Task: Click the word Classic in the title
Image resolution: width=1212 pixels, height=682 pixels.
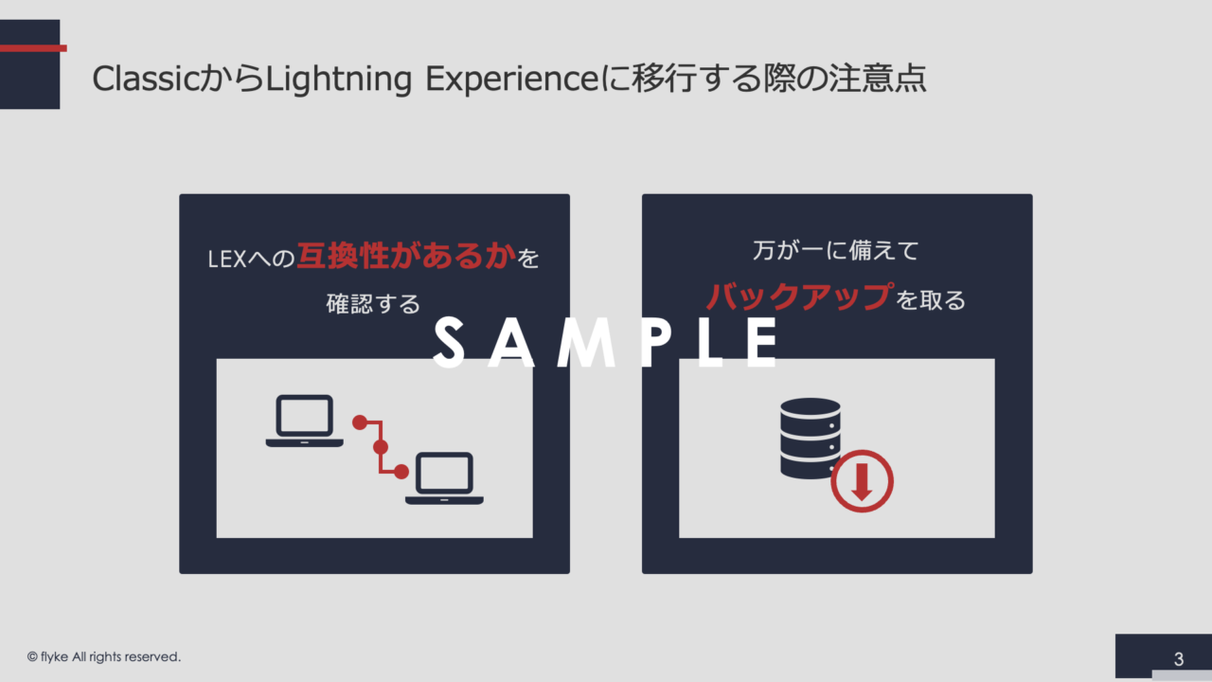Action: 146,79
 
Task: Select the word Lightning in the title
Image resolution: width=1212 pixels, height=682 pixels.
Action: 339,81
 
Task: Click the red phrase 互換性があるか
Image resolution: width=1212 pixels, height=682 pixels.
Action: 406,256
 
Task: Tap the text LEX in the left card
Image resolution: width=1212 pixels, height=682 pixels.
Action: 227,260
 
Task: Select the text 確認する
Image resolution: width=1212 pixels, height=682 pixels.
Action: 373,304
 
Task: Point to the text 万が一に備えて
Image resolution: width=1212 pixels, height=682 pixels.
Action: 836,251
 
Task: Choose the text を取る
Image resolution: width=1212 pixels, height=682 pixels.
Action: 931,300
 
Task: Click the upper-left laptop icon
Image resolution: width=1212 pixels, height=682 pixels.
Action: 305,422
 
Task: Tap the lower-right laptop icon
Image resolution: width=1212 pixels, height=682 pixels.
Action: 444,478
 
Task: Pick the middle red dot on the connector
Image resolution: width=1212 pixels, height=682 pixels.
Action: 381,447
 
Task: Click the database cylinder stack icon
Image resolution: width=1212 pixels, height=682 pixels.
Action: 810,439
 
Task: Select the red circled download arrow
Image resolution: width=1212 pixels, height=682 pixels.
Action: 862,481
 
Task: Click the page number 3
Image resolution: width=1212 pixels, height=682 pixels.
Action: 1179,658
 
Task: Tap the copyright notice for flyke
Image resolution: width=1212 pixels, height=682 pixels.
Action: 104,657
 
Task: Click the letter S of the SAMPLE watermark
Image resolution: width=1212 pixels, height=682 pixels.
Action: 449,343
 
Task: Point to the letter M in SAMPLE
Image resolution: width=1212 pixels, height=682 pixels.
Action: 587,343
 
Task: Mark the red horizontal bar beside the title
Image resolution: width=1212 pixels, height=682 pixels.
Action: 33,48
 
